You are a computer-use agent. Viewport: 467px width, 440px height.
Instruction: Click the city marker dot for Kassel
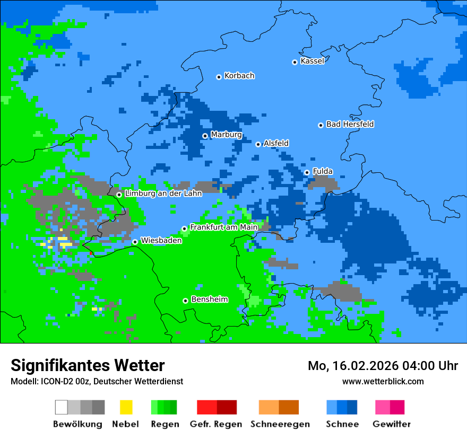pos(295,62)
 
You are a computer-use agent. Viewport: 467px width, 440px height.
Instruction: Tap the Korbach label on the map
pos(239,76)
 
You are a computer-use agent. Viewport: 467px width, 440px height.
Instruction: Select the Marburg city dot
pos(205,136)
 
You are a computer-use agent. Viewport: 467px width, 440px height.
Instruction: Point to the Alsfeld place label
pos(276,143)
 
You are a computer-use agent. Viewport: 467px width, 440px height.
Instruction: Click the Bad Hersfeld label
pos(350,124)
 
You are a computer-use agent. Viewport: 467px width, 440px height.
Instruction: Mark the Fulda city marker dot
pos(307,172)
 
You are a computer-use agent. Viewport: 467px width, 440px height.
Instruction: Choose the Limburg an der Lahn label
pos(163,193)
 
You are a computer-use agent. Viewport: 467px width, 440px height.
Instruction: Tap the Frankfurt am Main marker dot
pos(184,228)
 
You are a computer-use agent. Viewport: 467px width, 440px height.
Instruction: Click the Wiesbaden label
pos(161,240)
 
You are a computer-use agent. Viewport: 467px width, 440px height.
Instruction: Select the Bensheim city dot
pos(185,301)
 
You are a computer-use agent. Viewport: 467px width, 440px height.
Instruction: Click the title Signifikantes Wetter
pos(88,365)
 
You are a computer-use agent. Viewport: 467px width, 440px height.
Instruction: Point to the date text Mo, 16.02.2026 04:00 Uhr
pos(383,366)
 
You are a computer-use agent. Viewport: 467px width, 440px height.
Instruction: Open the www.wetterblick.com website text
pos(383,381)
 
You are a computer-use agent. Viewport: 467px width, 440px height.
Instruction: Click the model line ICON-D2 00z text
pos(97,381)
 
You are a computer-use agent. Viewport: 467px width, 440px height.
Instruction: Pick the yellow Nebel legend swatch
pos(126,407)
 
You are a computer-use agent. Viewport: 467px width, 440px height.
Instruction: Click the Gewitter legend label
pos(392,424)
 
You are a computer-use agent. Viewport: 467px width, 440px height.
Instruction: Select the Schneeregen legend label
pos(280,424)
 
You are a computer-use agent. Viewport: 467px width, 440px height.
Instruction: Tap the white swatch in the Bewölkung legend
pos(62,407)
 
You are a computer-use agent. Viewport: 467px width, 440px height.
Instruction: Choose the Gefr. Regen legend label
pos(216,424)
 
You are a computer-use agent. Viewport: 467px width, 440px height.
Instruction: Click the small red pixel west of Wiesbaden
pos(91,254)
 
